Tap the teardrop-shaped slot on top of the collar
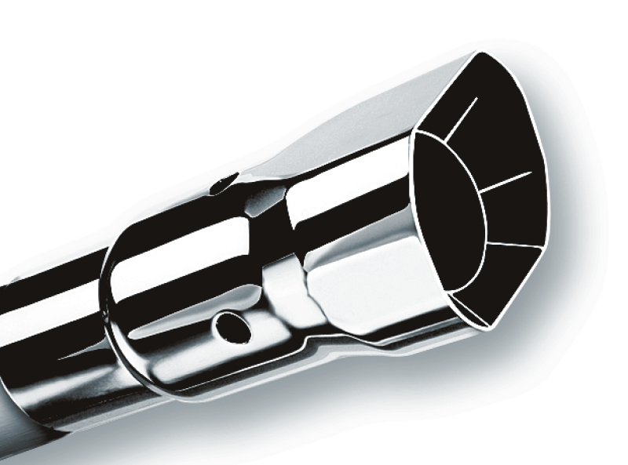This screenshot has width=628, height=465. tap(222, 183)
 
